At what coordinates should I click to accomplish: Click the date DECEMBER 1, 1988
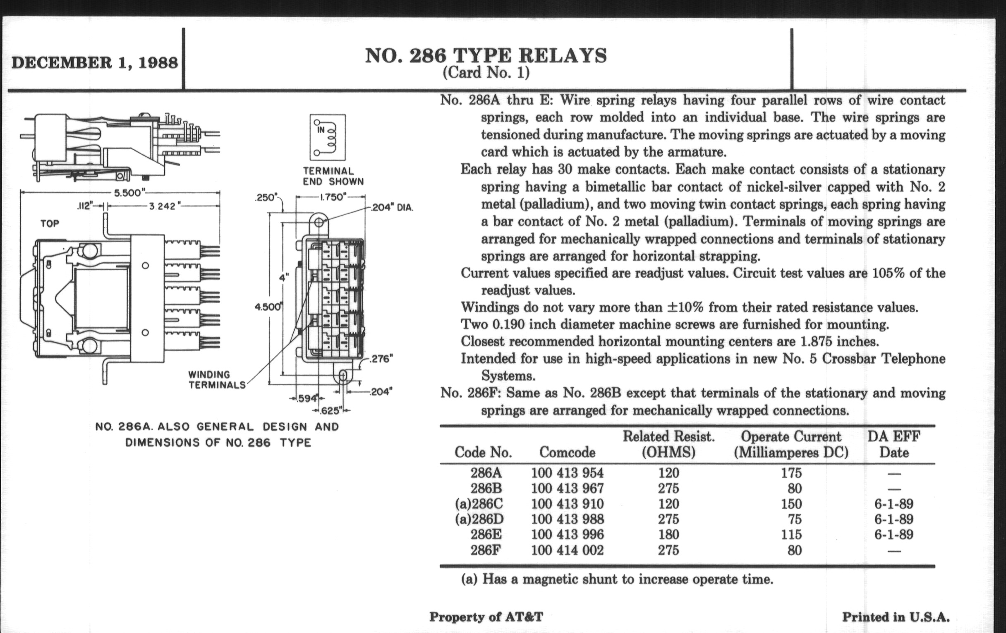(94, 62)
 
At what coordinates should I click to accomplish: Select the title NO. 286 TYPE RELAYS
(486, 56)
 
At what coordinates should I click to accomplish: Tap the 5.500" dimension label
(129, 193)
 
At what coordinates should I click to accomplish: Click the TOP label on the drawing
(50, 223)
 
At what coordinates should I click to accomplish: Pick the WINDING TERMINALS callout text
(216, 379)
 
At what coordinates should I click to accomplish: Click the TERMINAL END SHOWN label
(333, 176)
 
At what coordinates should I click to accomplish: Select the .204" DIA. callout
(392, 208)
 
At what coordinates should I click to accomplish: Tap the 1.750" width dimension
(332, 197)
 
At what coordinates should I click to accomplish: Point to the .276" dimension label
(381, 359)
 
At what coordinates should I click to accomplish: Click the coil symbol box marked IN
(327, 137)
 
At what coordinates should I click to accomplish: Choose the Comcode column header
(567, 452)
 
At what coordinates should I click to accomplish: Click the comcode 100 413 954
(567, 473)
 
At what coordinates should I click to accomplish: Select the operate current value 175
(791, 473)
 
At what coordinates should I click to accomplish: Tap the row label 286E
(486, 535)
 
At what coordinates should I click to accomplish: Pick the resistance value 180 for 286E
(668, 535)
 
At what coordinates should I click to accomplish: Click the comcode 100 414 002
(567, 550)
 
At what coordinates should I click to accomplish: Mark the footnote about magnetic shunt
(617, 580)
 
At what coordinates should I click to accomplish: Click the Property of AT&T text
(486, 617)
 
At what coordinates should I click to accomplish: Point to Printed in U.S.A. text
(895, 617)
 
